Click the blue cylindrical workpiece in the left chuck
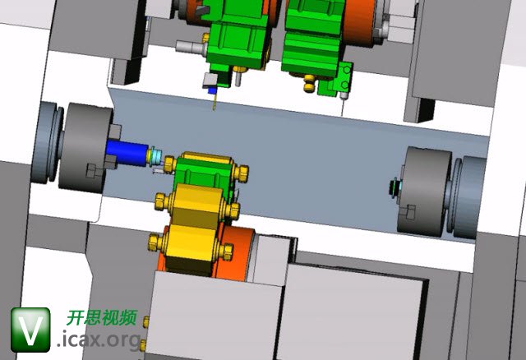[x=127, y=153]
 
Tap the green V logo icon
[x=30, y=330]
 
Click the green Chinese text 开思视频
[x=102, y=318]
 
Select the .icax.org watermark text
[x=99, y=339]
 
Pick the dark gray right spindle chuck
[x=425, y=192]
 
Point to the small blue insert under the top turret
[x=212, y=90]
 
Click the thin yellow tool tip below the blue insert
[x=215, y=102]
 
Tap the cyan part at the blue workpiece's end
[x=156, y=156]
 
